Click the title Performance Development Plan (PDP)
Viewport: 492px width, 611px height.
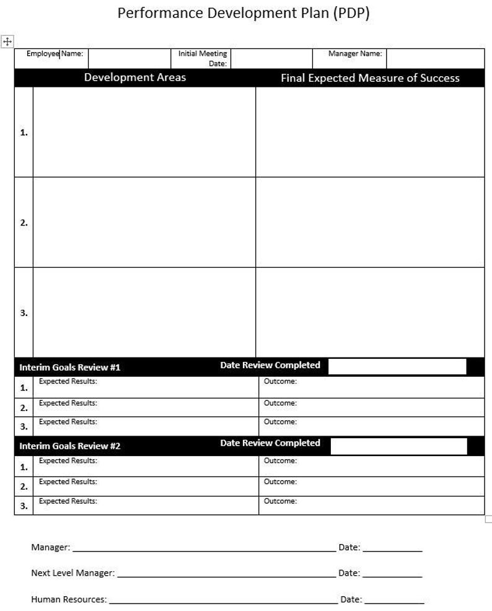click(x=243, y=14)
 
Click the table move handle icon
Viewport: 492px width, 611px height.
click(x=7, y=42)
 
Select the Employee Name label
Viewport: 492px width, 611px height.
click(x=55, y=54)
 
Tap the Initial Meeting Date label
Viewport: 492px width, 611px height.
click(x=203, y=58)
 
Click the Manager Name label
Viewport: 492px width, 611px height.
click(x=355, y=54)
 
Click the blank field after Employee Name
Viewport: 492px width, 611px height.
click(x=129, y=58)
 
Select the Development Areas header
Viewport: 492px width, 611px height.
click(x=134, y=77)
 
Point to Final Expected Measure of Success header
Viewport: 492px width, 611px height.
click(x=370, y=78)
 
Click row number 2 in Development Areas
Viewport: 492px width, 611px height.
click(x=24, y=222)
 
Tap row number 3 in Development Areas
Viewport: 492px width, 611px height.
click(x=24, y=313)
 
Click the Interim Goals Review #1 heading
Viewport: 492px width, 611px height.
click(x=69, y=367)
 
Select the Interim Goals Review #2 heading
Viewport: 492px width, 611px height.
click(x=69, y=446)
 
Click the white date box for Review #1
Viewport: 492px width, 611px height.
click(x=397, y=366)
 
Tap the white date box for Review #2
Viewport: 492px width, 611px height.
click(x=398, y=446)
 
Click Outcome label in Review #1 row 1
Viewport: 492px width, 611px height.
click(x=280, y=382)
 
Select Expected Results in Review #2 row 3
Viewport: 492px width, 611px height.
click(x=68, y=501)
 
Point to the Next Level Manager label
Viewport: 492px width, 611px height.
click(x=72, y=573)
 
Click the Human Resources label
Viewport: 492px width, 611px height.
click(x=69, y=600)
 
